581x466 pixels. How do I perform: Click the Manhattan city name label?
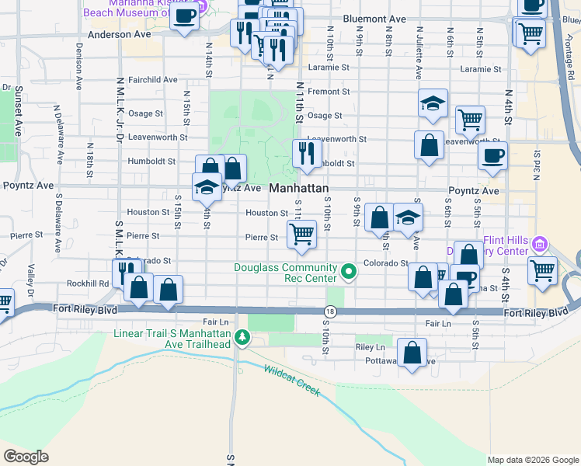[x=300, y=189]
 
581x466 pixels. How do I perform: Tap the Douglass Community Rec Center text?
[x=286, y=273]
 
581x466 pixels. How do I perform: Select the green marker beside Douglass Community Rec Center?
[x=349, y=272]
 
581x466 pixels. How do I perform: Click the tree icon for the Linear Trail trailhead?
[x=242, y=337]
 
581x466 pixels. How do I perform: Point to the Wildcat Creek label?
[x=291, y=381]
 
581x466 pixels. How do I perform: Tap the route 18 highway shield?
[x=331, y=311]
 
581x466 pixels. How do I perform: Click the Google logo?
[x=26, y=457]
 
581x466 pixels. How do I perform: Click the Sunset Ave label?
[x=17, y=108]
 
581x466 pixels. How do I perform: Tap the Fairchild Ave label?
[x=153, y=79]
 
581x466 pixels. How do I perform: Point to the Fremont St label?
[x=329, y=92]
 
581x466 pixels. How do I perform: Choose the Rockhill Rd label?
[x=88, y=283]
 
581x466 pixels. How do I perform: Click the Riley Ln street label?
[x=370, y=347]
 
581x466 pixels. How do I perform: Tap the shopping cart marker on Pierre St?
[x=301, y=234]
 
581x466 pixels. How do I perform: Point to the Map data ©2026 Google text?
[x=533, y=460]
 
